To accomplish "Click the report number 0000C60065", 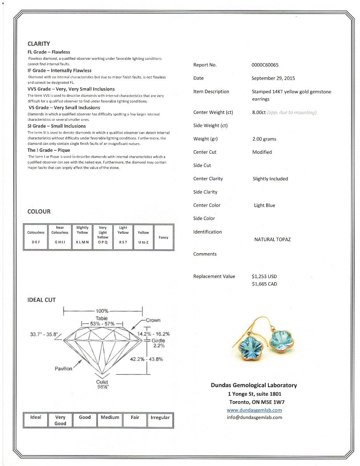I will pyautogui.click(x=265, y=65).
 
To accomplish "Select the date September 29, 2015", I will pyautogui.click(x=273, y=78).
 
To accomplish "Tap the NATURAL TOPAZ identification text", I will pyautogui.click(x=272, y=240).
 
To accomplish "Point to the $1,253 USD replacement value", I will pyautogui.click(x=264, y=276).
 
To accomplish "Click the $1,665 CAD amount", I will pyautogui.click(x=264, y=284).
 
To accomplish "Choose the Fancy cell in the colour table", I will pyautogui.click(x=163, y=237).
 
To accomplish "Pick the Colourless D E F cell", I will pyautogui.click(x=36, y=237).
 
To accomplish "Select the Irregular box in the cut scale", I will pyautogui.click(x=160, y=420).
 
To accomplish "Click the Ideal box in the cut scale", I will pyautogui.click(x=36, y=420).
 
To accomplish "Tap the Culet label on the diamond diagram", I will pyautogui.click(x=102, y=382).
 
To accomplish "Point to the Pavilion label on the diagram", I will pyautogui.click(x=63, y=369).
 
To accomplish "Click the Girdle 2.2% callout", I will pyautogui.click(x=158, y=343).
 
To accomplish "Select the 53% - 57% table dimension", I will pyautogui.click(x=101, y=323).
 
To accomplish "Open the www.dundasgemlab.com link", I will pyautogui.click(x=254, y=410).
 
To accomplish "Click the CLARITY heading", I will pyautogui.click(x=38, y=44).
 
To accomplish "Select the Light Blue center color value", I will pyautogui.click(x=264, y=205).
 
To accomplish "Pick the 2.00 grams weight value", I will pyautogui.click(x=264, y=139).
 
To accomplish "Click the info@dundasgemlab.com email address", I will pyautogui.click(x=254, y=417).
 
